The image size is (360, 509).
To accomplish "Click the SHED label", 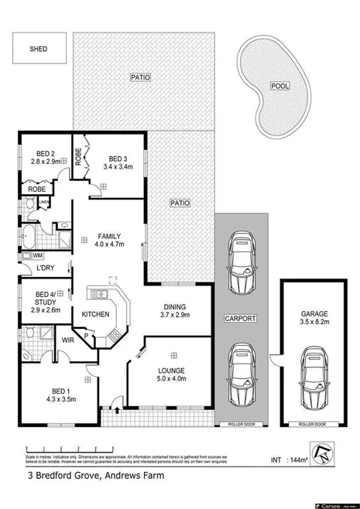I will tap(38, 49).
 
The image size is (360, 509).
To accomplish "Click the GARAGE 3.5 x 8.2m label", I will tap(314, 319).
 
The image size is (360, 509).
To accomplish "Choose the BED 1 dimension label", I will tap(59, 395).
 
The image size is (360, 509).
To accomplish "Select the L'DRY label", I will tap(45, 268).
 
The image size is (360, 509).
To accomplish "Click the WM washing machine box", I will tap(37, 254).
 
